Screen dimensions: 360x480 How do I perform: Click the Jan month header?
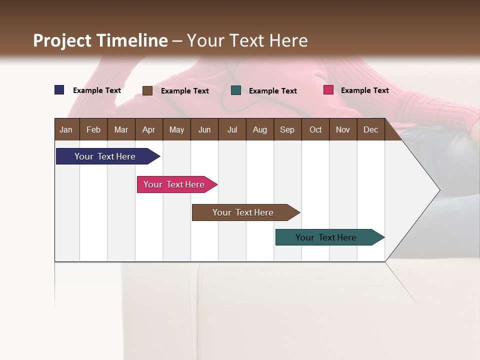click(x=66, y=129)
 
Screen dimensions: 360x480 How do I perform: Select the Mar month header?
click(x=121, y=129)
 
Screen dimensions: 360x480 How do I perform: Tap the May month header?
click(x=176, y=129)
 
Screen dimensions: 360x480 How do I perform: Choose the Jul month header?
click(x=232, y=129)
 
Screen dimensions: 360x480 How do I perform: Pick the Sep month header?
click(x=287, y=129)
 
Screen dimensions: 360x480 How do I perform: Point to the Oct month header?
click(x=315, y=129)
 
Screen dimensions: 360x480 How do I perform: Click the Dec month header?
click(x=370, y=129)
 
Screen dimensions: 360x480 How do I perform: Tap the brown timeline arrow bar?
click(x=243, y=212)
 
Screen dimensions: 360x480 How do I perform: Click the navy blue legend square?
click(x=59, y=90)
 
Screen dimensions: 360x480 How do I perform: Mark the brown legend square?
click(x=147, y=90)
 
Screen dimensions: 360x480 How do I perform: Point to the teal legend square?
click(x=236, y=90)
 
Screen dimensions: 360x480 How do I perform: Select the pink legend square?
click(x=328, y=90)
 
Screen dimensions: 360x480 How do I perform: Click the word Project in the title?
click(x=63, y=40)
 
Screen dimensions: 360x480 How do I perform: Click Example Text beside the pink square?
click(x=364, y=90)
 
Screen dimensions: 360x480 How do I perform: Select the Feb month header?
click(x=93, y=129)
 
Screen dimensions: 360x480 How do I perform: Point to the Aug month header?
click(x=259, y=129)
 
